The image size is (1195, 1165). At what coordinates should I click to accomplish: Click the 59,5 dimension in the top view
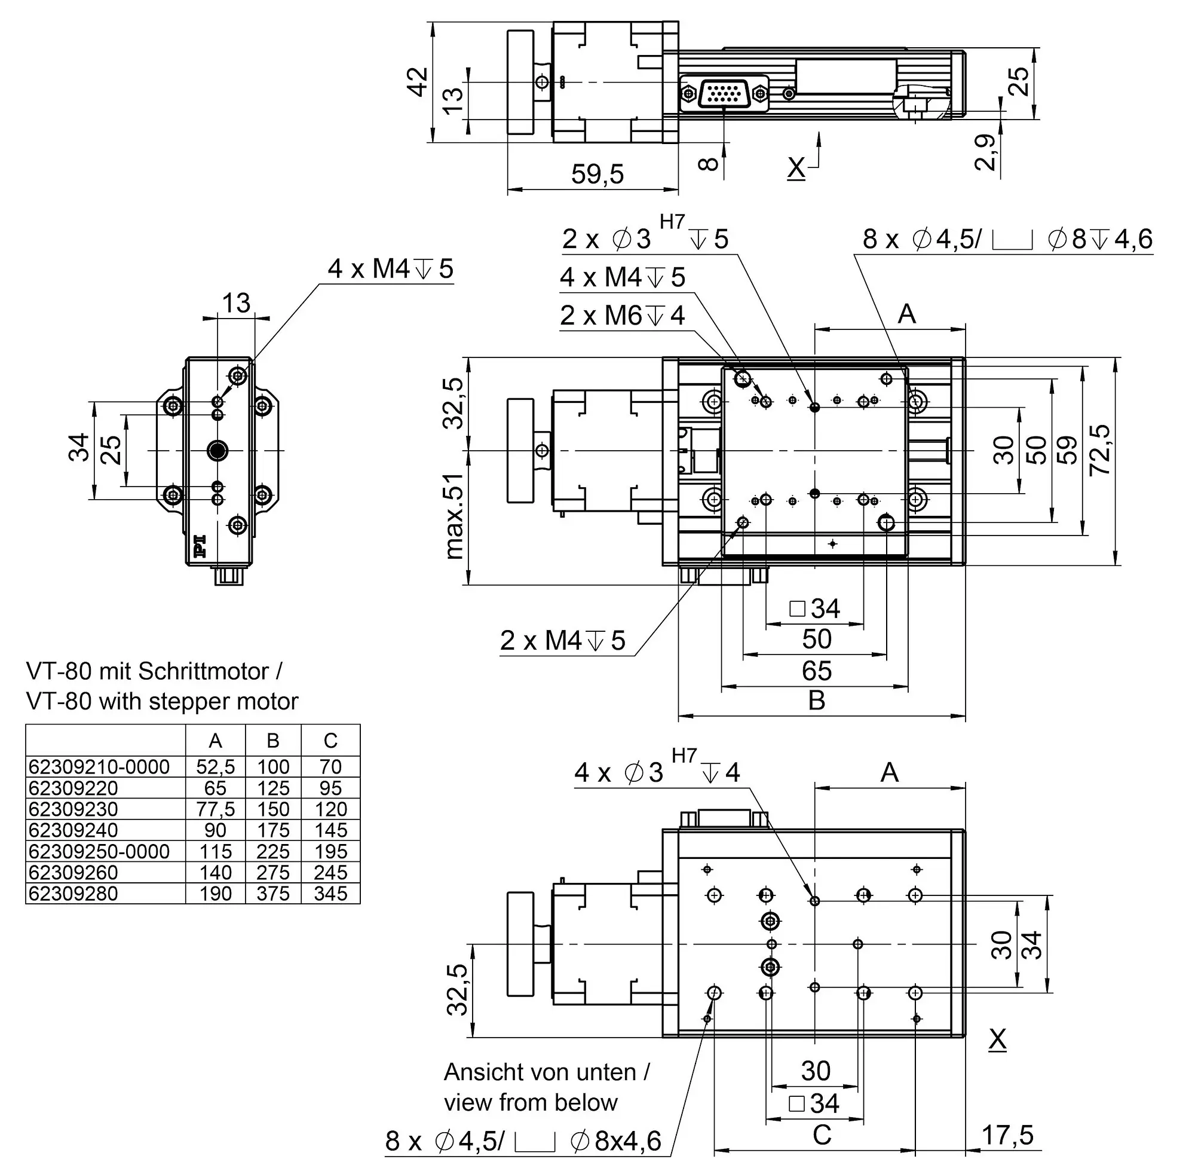click(597, 175)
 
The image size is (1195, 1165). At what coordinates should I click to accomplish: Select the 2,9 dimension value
click(985, 152)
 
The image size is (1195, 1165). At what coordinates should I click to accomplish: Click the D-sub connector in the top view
click(724, 94)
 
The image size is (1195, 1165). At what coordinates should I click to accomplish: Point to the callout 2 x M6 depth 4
click(622, 316)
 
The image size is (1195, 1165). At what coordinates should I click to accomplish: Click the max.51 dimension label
click(454, 516)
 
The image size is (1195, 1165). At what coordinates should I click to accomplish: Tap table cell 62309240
click(73, 830)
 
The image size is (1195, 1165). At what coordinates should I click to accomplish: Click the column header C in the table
click(330, 741)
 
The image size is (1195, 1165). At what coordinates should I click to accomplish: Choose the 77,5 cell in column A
click(215, 809)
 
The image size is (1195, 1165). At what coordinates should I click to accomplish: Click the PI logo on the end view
click(200, 546)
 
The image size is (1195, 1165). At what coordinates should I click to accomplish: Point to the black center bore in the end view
click(217, 451)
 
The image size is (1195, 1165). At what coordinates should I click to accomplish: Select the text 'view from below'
click(530, 1103)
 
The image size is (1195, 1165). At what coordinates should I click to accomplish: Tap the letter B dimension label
click(817, 701)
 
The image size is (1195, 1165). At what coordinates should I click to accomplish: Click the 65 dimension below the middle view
click(816, 671)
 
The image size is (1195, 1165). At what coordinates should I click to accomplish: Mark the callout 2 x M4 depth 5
click(563, 641)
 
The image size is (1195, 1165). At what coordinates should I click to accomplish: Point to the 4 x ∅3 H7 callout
click(657, 769)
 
